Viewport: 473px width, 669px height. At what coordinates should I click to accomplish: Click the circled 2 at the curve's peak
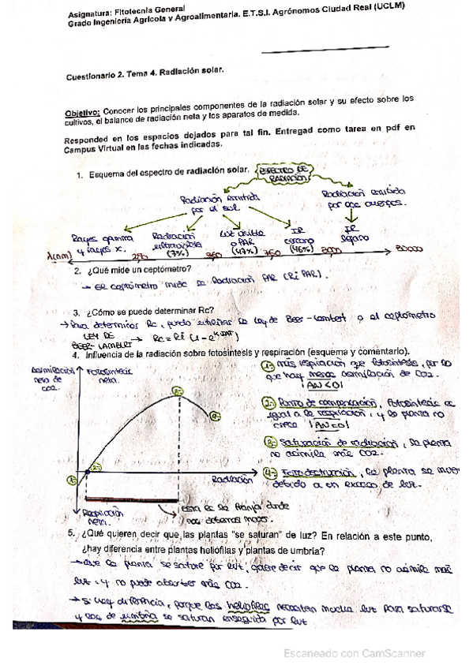pos(178,391)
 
